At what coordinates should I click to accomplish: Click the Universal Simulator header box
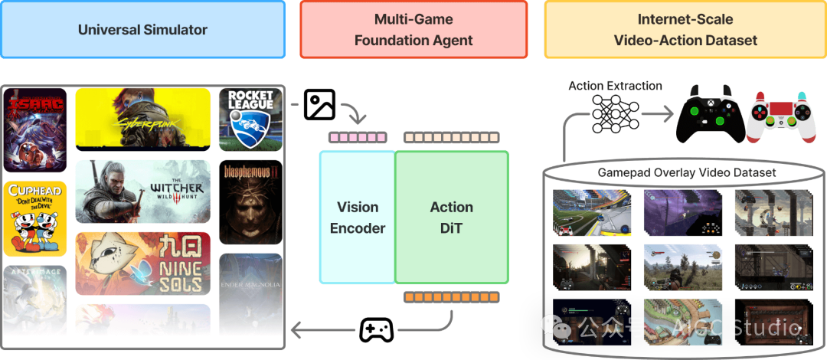142,30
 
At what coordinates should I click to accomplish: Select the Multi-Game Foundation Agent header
413,30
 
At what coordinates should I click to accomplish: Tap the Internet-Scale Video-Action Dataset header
685,30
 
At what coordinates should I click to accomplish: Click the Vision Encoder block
358,218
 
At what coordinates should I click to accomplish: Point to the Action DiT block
452,218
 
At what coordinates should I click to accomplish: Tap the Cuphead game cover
35,218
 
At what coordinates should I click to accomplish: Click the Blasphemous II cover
250,201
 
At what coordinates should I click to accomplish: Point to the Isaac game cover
35,129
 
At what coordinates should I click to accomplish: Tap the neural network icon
614,112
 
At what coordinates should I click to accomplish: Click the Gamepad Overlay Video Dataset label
686,172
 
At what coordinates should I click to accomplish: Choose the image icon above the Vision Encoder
319,104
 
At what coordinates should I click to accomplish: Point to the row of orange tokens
452,296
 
